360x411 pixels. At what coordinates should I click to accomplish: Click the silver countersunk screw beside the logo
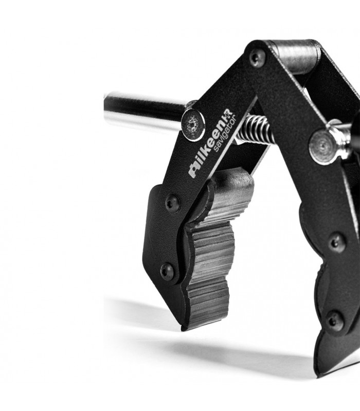point(193,125)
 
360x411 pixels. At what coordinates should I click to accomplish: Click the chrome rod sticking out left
point(145,111)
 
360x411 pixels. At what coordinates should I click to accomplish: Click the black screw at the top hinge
point(257,59)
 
